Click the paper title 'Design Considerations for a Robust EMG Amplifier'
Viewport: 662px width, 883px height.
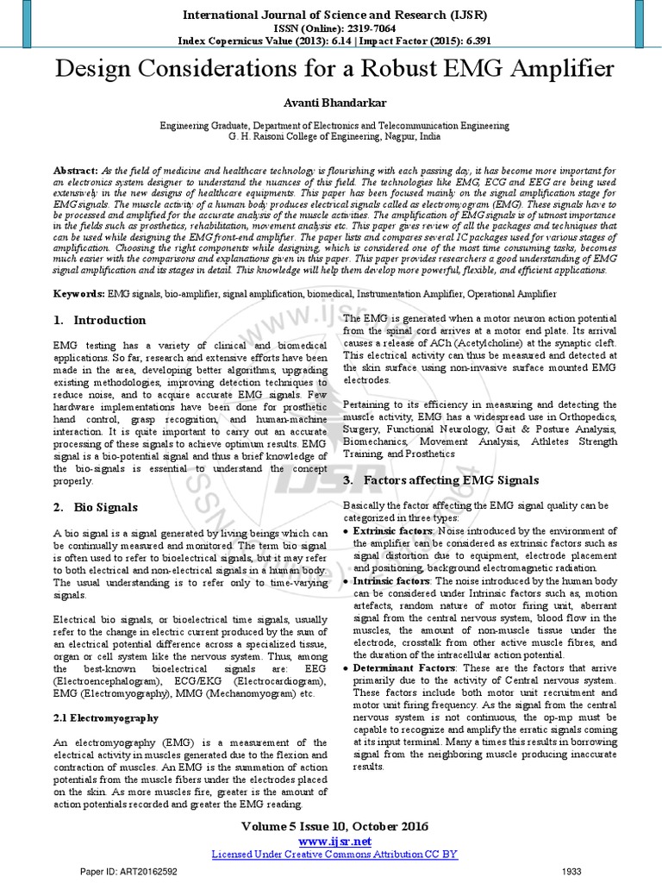point(331,69)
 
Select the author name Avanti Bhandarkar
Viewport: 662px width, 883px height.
point(331,103)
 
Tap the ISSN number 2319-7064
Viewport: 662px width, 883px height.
point(362,28)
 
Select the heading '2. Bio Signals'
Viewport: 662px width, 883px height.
point(95,507)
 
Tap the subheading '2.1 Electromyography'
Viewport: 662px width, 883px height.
point(106,717)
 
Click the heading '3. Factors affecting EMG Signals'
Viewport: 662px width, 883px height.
point(440,479)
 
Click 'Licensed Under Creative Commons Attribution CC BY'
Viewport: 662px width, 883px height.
point(334,854)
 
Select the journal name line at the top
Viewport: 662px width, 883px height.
point(331,16)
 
